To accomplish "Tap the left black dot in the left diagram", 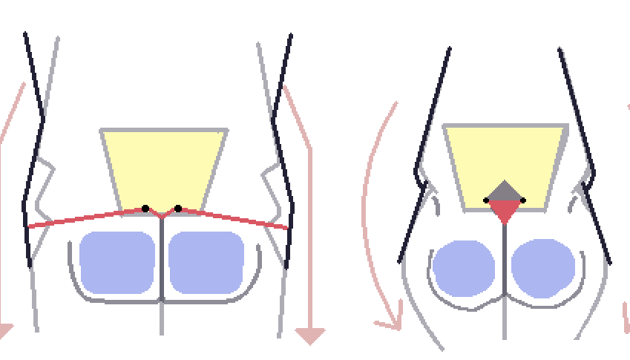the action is [145, 208].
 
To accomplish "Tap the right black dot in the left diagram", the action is [178, 208].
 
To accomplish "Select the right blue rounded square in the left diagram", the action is [206, 261].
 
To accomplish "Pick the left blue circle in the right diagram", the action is [463, 269].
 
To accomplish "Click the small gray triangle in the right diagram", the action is [505, 192].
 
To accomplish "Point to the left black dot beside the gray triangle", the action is [486, 200].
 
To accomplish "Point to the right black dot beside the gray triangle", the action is [523, 200].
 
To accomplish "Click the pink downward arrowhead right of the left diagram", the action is [310, 336].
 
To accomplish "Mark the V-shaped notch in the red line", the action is [162, 215].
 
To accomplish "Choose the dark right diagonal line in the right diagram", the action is [586, 156].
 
